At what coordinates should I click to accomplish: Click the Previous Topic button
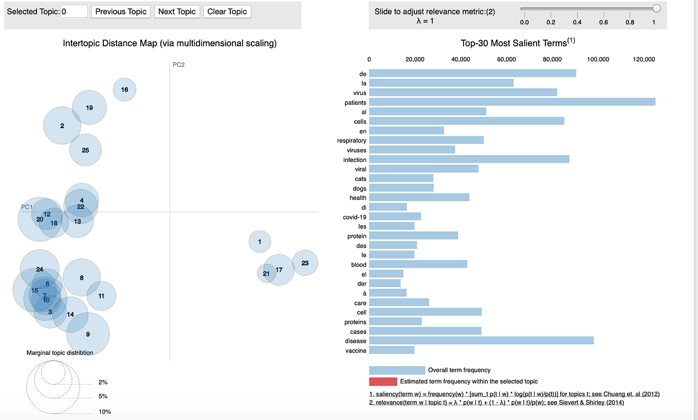point(121,11)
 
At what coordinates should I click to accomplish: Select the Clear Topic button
point(227,11)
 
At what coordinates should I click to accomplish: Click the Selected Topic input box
point(74,11)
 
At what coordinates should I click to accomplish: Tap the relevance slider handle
point(656,8)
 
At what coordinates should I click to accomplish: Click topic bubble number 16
point(124,90)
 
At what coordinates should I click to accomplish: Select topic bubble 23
point(305,263)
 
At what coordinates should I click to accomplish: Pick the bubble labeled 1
point(260,242)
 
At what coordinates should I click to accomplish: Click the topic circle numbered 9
point(88,334)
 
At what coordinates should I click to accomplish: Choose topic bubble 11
point(102,296)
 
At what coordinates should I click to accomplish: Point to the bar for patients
point(512,102)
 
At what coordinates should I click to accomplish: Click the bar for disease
point(481,341)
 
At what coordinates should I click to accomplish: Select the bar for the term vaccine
point(392,351)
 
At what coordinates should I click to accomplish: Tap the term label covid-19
point(355,217)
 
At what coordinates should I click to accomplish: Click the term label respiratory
point(352,140)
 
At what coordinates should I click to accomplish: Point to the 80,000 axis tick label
point(553,60)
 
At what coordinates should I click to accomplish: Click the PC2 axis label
point(178,65)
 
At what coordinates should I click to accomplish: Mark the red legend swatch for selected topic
point(383,381)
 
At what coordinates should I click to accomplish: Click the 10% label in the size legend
point(105,412)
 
